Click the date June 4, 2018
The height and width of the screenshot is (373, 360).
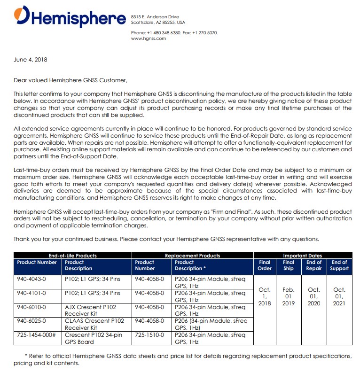pos(31,60)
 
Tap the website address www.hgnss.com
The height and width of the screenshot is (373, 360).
pos(149,39)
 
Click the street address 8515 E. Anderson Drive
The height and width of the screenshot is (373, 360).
pos(155,17)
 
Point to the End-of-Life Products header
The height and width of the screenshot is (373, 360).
pos(72,256)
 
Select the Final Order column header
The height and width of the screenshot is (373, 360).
pos(265,265)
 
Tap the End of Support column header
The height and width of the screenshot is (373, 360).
pos(339,265)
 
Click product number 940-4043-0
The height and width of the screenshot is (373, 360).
pos(31,279)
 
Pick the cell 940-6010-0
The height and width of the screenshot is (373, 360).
pos(31,307)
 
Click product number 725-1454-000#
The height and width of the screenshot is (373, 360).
pos(36,335)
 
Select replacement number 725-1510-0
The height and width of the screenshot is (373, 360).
pos(149,335)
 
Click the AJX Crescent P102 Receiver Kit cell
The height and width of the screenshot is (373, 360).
pos(90,310)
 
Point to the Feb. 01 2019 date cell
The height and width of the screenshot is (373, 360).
pos(289,296)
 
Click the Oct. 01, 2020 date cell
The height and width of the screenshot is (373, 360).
pos(313,296)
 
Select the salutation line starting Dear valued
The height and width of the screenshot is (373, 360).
pos(70,80)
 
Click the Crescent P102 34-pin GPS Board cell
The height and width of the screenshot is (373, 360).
pos(93,338)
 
